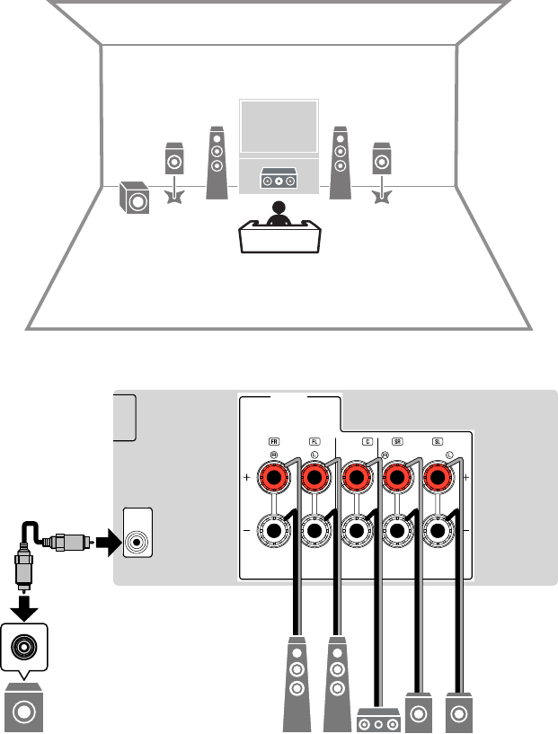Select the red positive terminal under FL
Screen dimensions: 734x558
tap(314, 479)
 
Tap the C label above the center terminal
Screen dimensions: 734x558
tap(367, 441)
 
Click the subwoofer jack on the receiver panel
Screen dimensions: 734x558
tap(137, 542)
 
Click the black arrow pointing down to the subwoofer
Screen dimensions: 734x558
tap(24, 609)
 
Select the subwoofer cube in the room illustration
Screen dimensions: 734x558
tap(135, 199)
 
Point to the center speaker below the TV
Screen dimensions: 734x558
tap(279, 181)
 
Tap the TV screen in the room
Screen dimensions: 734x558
tap(279, 128)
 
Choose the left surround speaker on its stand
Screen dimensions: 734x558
tap(173, 162)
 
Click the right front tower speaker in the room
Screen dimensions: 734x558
tap(340, 160)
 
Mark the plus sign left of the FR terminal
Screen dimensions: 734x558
tap(246, 480)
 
